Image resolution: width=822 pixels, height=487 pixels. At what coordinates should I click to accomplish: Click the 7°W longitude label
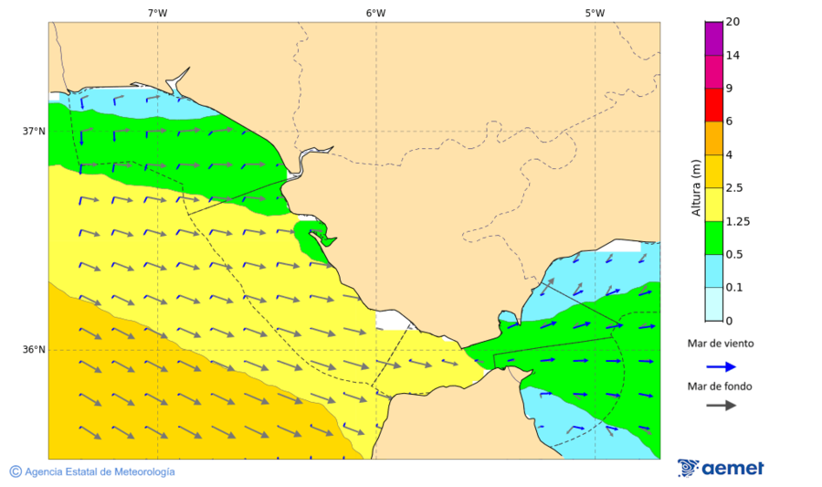coord(157,13)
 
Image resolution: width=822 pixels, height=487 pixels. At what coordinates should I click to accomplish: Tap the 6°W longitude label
coord(375,13)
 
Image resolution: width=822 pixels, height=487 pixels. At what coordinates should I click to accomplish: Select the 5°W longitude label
coord(595,13)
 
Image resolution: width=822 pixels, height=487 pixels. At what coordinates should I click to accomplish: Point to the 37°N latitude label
coord(34,131)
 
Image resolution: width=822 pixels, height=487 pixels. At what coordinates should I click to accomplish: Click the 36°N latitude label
coord(34,350)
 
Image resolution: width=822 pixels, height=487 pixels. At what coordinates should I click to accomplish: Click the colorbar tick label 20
coord(732,22)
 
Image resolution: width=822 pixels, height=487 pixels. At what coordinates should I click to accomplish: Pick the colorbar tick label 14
coord(732,56)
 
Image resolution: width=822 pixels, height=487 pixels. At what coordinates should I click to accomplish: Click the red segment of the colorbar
coord(712,104)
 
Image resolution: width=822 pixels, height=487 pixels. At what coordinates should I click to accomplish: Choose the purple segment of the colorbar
coord(712,38)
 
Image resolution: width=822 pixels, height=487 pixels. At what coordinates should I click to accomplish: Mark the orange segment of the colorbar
coord(712,137)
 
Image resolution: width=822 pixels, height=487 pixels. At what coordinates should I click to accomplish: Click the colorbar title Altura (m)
coord(696,188)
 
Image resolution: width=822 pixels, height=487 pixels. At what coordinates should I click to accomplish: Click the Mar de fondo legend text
coord(721,386)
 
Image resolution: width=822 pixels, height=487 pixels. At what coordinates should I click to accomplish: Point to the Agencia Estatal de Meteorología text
coord(100,471)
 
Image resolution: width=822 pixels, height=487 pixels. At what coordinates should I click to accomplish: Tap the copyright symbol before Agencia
coord(16,471)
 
